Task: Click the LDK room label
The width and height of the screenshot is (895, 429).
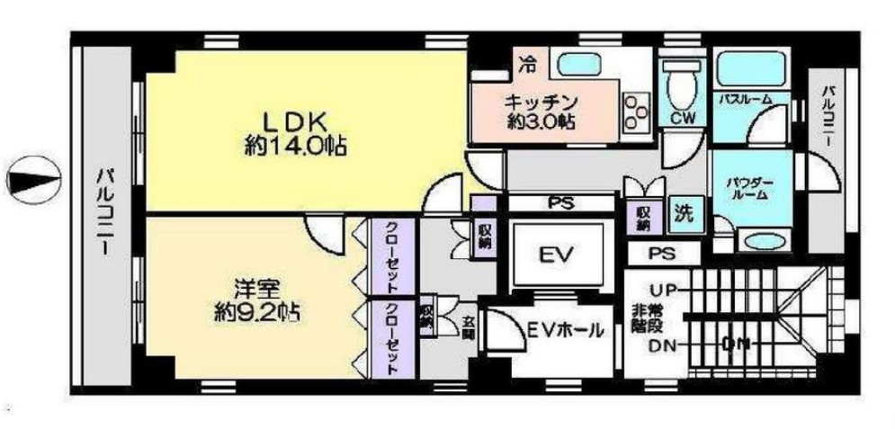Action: coord(285,121)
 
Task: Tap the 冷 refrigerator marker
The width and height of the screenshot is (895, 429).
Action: coord(531,64)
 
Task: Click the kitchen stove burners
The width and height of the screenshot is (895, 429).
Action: coord(637,108)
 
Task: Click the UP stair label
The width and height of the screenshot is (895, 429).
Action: coord(664,290)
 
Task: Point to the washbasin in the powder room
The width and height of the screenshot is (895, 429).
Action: coord(762,241)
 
